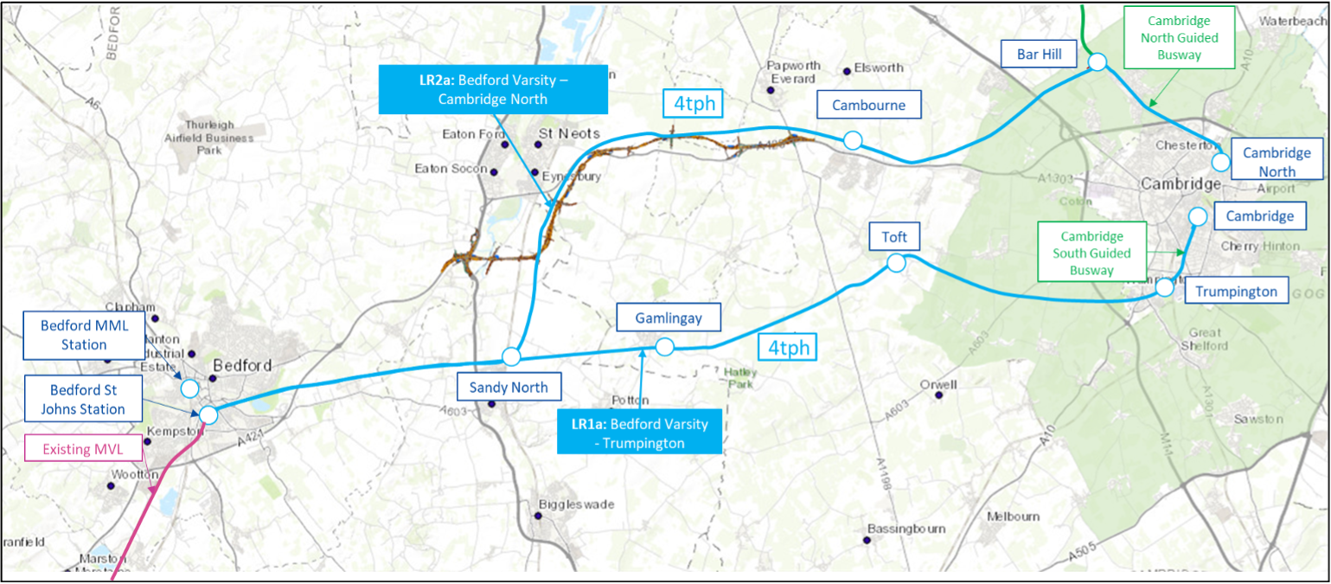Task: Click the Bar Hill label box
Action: (x=1039, y=55)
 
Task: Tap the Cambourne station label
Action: (x=868, y=106)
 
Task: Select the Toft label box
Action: (x=894, y=236)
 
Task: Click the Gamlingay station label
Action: (x=669, y=318)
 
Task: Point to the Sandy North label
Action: (x=509, y=388)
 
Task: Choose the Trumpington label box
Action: (x=1235, y=292)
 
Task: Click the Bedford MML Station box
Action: (x=84, y=336)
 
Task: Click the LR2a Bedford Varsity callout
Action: (x=493, y=89)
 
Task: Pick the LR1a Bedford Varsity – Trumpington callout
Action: (x=639, y=433)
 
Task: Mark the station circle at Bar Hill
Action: (x=1097, y=61)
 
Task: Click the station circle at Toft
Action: (x=896, y=261)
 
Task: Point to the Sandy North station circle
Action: (x=511, y=356)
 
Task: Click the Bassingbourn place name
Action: (x=906, y=529)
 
